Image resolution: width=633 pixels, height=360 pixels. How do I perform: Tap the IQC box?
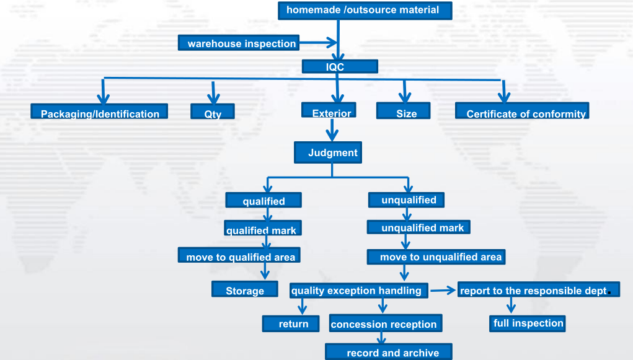(340, 67)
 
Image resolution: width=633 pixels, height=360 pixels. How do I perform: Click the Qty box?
(213, 113)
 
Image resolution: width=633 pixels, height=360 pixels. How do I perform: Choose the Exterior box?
(329, 112)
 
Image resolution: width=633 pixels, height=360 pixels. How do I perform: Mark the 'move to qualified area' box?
(241, 257)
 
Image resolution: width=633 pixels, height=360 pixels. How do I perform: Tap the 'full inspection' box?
(528, 323)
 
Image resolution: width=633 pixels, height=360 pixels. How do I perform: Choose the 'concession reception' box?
(384, 324)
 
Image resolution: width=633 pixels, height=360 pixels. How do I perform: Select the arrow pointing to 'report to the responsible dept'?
(443, 289)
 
